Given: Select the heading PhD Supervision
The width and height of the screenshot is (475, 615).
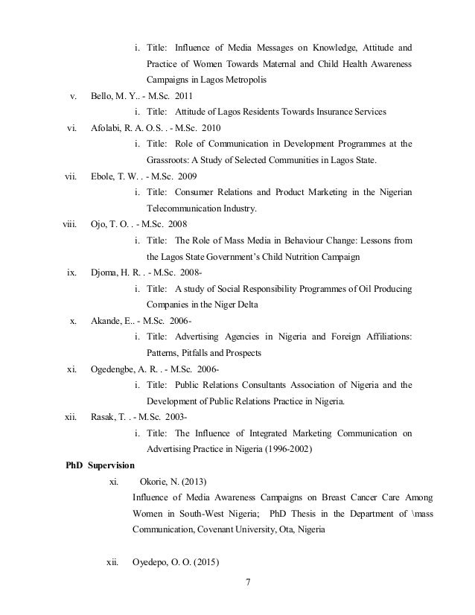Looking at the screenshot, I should [101, 466].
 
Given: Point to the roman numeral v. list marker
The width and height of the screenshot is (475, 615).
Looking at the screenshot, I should [72, 96].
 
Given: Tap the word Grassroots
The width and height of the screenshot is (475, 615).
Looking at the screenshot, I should [170, 160].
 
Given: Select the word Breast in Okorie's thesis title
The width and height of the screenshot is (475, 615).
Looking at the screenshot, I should [332, 497].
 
